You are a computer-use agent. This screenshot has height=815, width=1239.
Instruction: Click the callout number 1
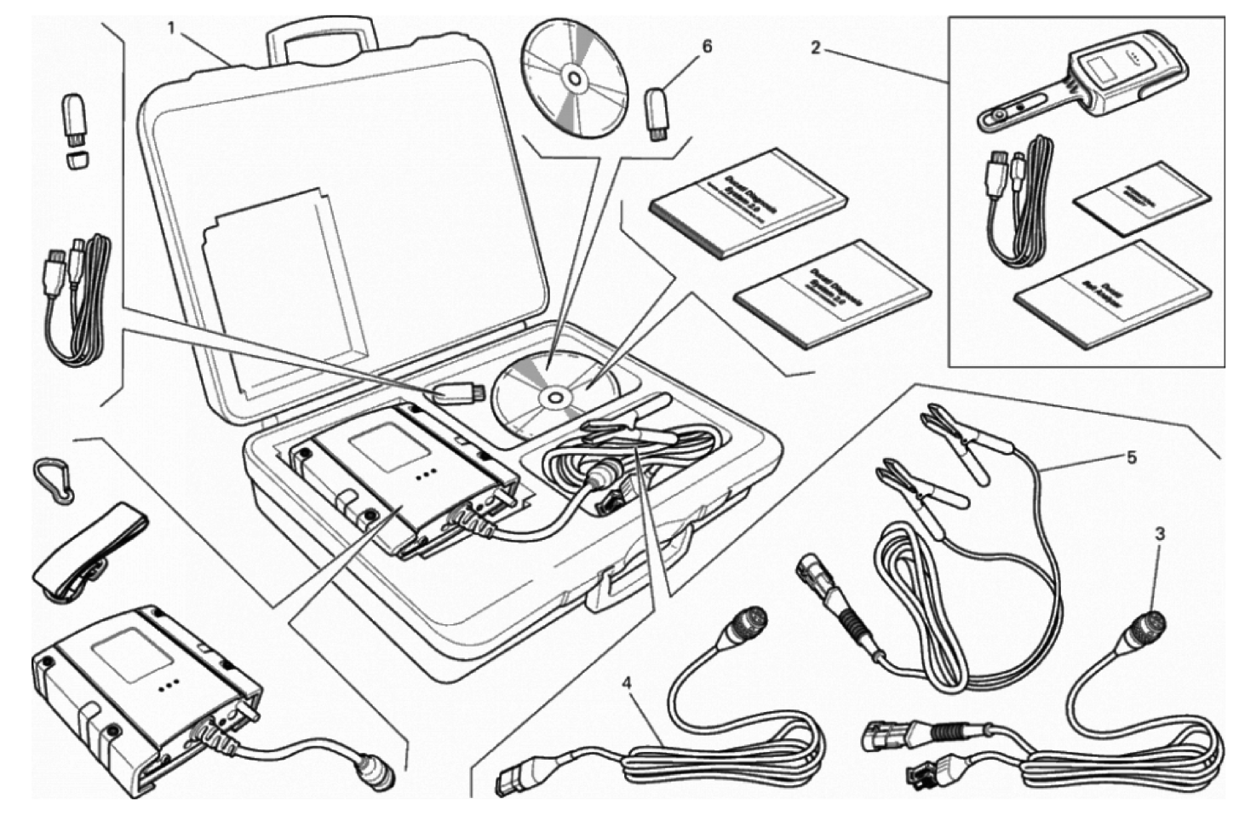point(171,27)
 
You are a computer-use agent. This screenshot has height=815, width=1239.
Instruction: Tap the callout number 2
point(815,48)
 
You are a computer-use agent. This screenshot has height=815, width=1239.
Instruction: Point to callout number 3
point(1160,534)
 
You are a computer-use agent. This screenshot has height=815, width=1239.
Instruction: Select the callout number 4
point(627,682)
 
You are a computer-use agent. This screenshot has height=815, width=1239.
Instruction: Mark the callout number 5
point(1131,457)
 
